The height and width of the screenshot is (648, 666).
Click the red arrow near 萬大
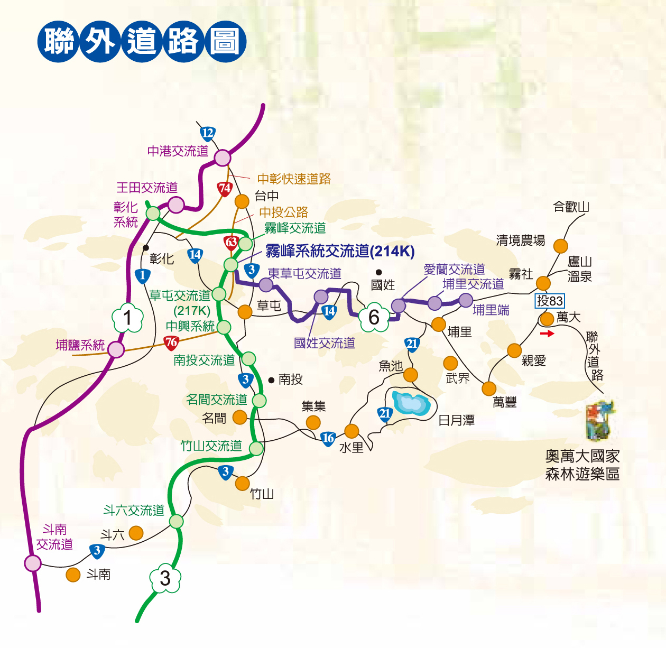(547, 334)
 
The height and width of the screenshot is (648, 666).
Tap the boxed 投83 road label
(550, 301)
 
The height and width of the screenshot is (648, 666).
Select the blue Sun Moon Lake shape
(411, 403)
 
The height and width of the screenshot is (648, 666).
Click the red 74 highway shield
(225, 188)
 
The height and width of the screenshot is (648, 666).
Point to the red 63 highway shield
(232, 243)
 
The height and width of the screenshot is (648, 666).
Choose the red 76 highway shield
(171, 342)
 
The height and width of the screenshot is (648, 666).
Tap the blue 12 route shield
(208, 133)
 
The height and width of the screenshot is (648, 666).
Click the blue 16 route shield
(328, 438)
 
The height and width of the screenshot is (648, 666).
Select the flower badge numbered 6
(374, 317)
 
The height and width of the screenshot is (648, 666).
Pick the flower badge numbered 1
(127, 318)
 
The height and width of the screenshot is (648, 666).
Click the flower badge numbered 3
(165, 578)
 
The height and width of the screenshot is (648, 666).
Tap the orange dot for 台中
(242, 201)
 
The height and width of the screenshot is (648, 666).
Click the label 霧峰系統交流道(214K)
(340, 251)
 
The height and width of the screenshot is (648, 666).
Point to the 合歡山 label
(571, 207)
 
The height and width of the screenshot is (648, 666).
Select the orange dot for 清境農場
(560, 246)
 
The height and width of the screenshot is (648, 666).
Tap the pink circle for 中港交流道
(223, 158)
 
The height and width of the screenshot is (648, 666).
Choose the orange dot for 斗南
(73, 575)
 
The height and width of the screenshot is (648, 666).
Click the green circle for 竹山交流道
(256, 449)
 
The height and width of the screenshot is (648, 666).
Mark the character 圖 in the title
(225, 42)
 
